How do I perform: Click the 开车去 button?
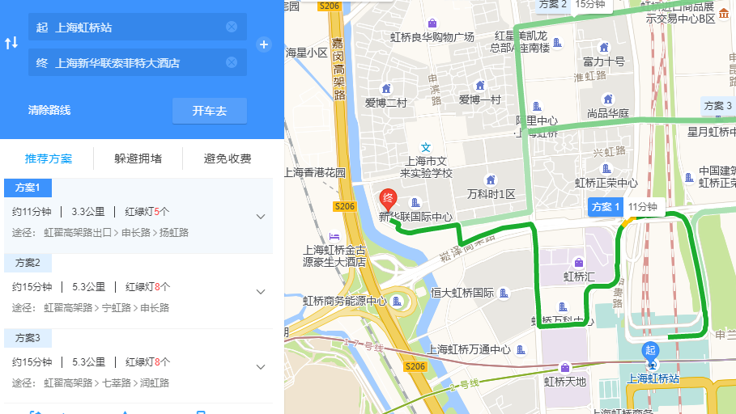click(209, 111)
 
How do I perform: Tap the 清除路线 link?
click(49, 111)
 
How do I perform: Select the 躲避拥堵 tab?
click(138, 158)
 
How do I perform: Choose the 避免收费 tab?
click(228, 158)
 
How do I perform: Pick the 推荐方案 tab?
click(49, 158)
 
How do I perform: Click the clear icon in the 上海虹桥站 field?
click(232, 27)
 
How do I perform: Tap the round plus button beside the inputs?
click(264, 44)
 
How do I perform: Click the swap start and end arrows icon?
click(11, 44)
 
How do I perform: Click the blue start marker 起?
click(649, 350)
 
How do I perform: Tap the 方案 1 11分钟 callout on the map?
click(624, 207)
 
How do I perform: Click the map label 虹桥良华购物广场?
click(432, 36)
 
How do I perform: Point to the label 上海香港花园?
click(315, 172)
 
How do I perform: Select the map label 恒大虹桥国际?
click(462, 293)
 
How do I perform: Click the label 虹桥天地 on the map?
click(564, 381)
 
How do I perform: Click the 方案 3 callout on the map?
click(718, 106)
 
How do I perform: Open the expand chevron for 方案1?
click(261, 216)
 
